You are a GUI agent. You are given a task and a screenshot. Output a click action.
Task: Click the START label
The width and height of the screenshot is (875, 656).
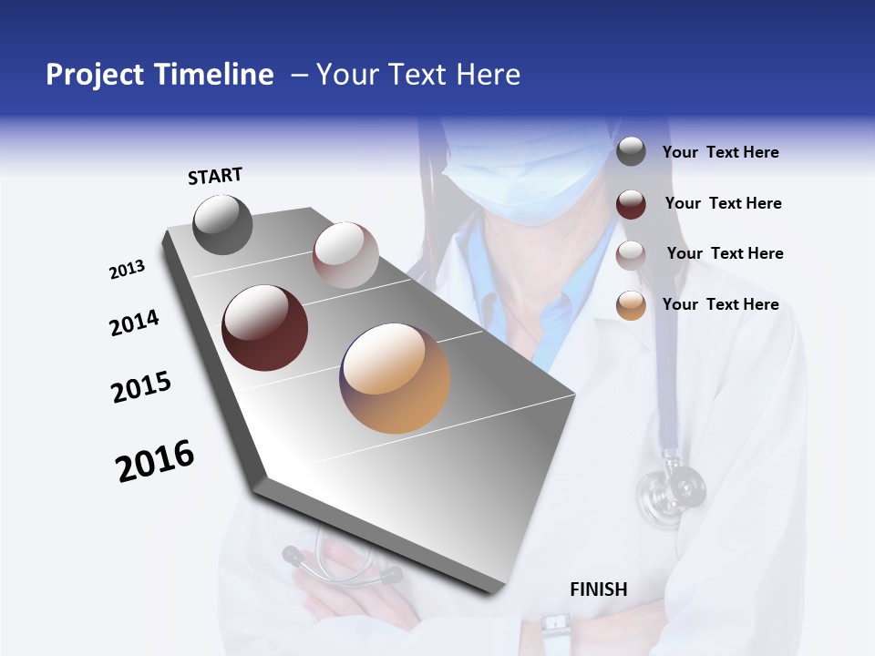215,176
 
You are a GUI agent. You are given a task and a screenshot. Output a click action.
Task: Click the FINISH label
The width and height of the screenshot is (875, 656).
599,589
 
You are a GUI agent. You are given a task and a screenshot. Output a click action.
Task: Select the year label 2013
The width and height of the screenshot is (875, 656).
128,269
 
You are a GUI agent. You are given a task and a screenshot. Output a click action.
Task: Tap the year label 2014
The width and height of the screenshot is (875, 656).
134,323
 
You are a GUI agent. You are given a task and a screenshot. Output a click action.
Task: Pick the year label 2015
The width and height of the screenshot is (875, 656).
141,388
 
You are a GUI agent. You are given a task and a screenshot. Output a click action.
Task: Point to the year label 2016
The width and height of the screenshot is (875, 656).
155,461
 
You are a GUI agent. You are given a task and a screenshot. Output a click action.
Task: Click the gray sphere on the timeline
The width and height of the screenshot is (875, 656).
222,224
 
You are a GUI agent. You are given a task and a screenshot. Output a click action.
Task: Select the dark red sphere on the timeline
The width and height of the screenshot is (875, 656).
265,328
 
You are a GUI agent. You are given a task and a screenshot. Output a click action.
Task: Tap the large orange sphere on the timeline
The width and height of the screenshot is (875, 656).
395,378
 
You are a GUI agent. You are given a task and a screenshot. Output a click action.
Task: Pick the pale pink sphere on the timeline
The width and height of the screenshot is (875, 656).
345,255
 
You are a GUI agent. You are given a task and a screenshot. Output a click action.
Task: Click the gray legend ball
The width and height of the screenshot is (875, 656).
631,152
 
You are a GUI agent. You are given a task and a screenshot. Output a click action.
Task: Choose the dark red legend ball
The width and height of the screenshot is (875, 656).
631,204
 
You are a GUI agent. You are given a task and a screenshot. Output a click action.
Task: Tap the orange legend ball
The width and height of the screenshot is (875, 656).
631,305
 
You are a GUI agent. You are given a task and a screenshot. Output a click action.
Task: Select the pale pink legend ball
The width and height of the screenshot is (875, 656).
631,255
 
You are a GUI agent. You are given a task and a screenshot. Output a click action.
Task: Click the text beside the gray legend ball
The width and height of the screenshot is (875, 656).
721,152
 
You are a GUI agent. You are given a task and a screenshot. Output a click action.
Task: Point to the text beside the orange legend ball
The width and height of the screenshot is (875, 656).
721,304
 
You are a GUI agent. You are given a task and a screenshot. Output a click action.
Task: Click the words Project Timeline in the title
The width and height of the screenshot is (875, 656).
160,75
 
